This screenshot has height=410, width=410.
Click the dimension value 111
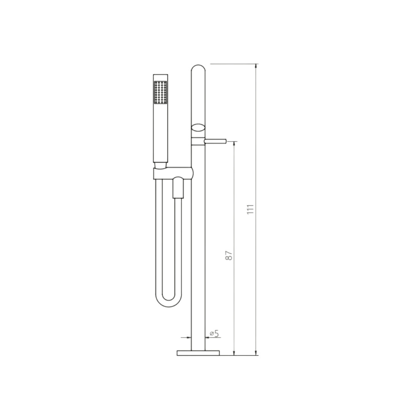click(x=251, y=210)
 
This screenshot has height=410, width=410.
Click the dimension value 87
click(x=229, y=255)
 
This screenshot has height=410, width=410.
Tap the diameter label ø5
click(x=214, y=333)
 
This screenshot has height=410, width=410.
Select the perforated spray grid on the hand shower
click(x=161, y=92)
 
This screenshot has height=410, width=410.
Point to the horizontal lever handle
click(x=215, y=141)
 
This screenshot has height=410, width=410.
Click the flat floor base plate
click(x=198, y=353)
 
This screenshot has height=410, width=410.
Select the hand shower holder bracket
click(x=173, y=173)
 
